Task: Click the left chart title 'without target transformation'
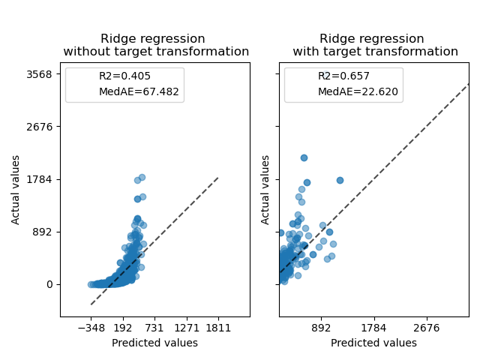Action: click(x=156, y=52)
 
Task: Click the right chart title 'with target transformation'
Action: click(x=375, y=52)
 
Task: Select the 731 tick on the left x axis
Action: click(x=154, y=328)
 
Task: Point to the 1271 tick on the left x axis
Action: click(x=187, y=328)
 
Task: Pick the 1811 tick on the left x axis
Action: click(x=218, y=328)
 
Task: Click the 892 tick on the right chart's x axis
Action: click(x=321, y=328)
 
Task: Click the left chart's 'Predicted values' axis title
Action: click(x=154, y=343)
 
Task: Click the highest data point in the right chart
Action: click(x=304, y=157)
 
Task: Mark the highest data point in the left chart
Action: click(x=142, y=178)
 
